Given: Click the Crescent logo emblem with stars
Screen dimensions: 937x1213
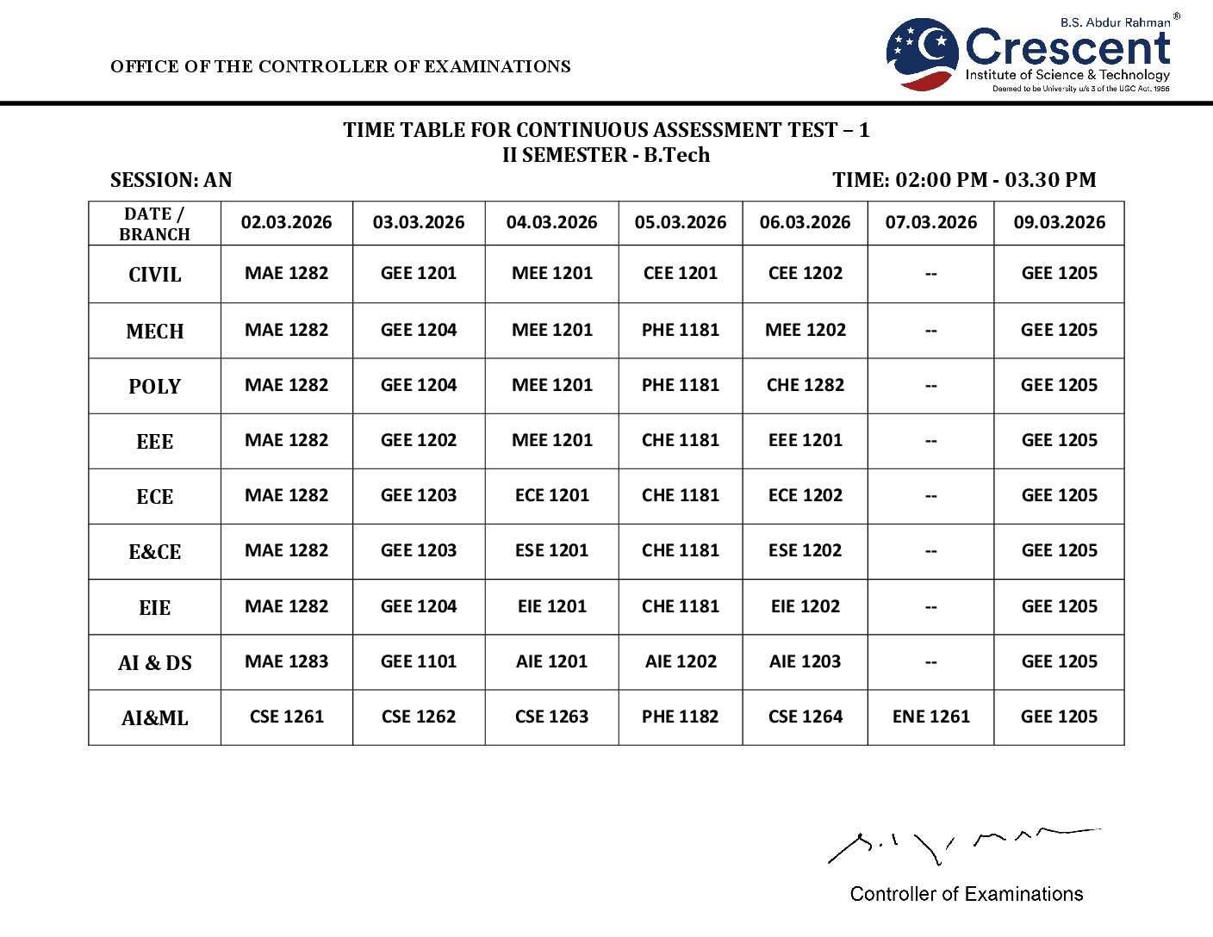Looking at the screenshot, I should coord(922,53).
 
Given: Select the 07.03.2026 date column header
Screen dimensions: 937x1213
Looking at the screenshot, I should coord(930,222).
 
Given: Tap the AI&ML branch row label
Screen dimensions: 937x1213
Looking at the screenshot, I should coord(155,718).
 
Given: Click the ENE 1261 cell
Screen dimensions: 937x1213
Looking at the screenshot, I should coord(930,717).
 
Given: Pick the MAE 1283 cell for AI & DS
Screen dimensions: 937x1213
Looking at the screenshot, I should coord(286,661).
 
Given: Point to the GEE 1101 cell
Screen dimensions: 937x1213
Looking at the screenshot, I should coord(419,661).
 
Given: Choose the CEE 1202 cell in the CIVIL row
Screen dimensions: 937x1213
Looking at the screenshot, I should coord(805,273).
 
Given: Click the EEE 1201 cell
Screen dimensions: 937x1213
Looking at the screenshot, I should coord(805,440).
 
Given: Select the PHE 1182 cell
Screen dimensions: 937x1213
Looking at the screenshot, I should coord(680,717).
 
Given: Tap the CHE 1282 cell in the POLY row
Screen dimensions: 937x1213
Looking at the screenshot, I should coord(805,385).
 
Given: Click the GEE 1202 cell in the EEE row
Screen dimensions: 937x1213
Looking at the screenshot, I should coord(419,440).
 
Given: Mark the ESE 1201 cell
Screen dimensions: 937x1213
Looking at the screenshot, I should coord(551,550).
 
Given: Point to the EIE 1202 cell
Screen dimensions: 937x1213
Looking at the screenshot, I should coord(805,606).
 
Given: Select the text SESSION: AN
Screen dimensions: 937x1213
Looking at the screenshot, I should coord(171,180).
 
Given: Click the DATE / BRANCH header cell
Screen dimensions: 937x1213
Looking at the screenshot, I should coord(155,224).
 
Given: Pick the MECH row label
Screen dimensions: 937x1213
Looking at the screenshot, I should coord(155,332).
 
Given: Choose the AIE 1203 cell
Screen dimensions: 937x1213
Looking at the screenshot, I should coord(805,661).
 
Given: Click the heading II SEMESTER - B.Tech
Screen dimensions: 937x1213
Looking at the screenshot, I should coord(606,155).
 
